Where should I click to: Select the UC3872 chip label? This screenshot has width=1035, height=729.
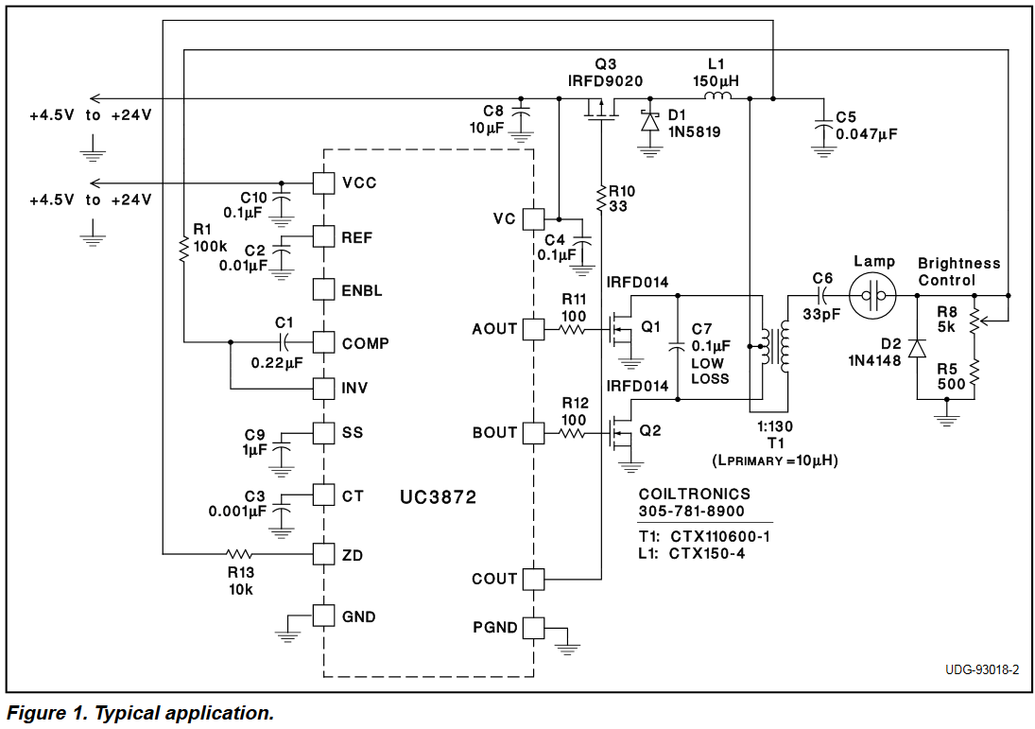pos(438,496)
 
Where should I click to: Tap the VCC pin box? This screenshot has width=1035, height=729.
pos(324,182)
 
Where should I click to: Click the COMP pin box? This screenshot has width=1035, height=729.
pos(324,342)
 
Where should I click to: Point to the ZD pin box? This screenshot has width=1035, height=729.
pos(324,554)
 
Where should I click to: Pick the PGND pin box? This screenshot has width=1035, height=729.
pos(534,628)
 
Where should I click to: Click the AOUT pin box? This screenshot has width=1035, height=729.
pos(534,329)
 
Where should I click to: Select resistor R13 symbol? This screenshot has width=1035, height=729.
pos(239,554)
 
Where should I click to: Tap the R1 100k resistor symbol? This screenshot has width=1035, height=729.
pos(183,248)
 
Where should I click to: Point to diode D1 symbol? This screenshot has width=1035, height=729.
pos(649,121)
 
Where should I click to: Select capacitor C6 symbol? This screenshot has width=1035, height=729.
pos(821,296)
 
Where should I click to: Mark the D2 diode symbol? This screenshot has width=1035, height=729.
pos(916,348)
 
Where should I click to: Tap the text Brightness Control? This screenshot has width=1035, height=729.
pos(958,271)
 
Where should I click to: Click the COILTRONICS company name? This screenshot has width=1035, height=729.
pos(694,495)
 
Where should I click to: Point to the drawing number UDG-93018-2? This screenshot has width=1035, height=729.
pos(981,670)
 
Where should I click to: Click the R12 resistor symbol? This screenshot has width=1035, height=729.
pos(574,433)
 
